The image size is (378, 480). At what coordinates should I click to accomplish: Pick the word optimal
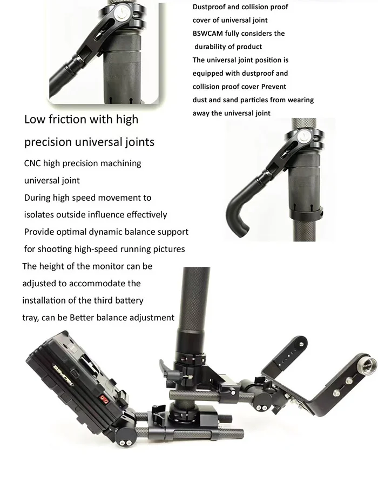coord(72,232)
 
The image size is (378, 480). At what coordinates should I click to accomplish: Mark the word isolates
coord(41,215)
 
